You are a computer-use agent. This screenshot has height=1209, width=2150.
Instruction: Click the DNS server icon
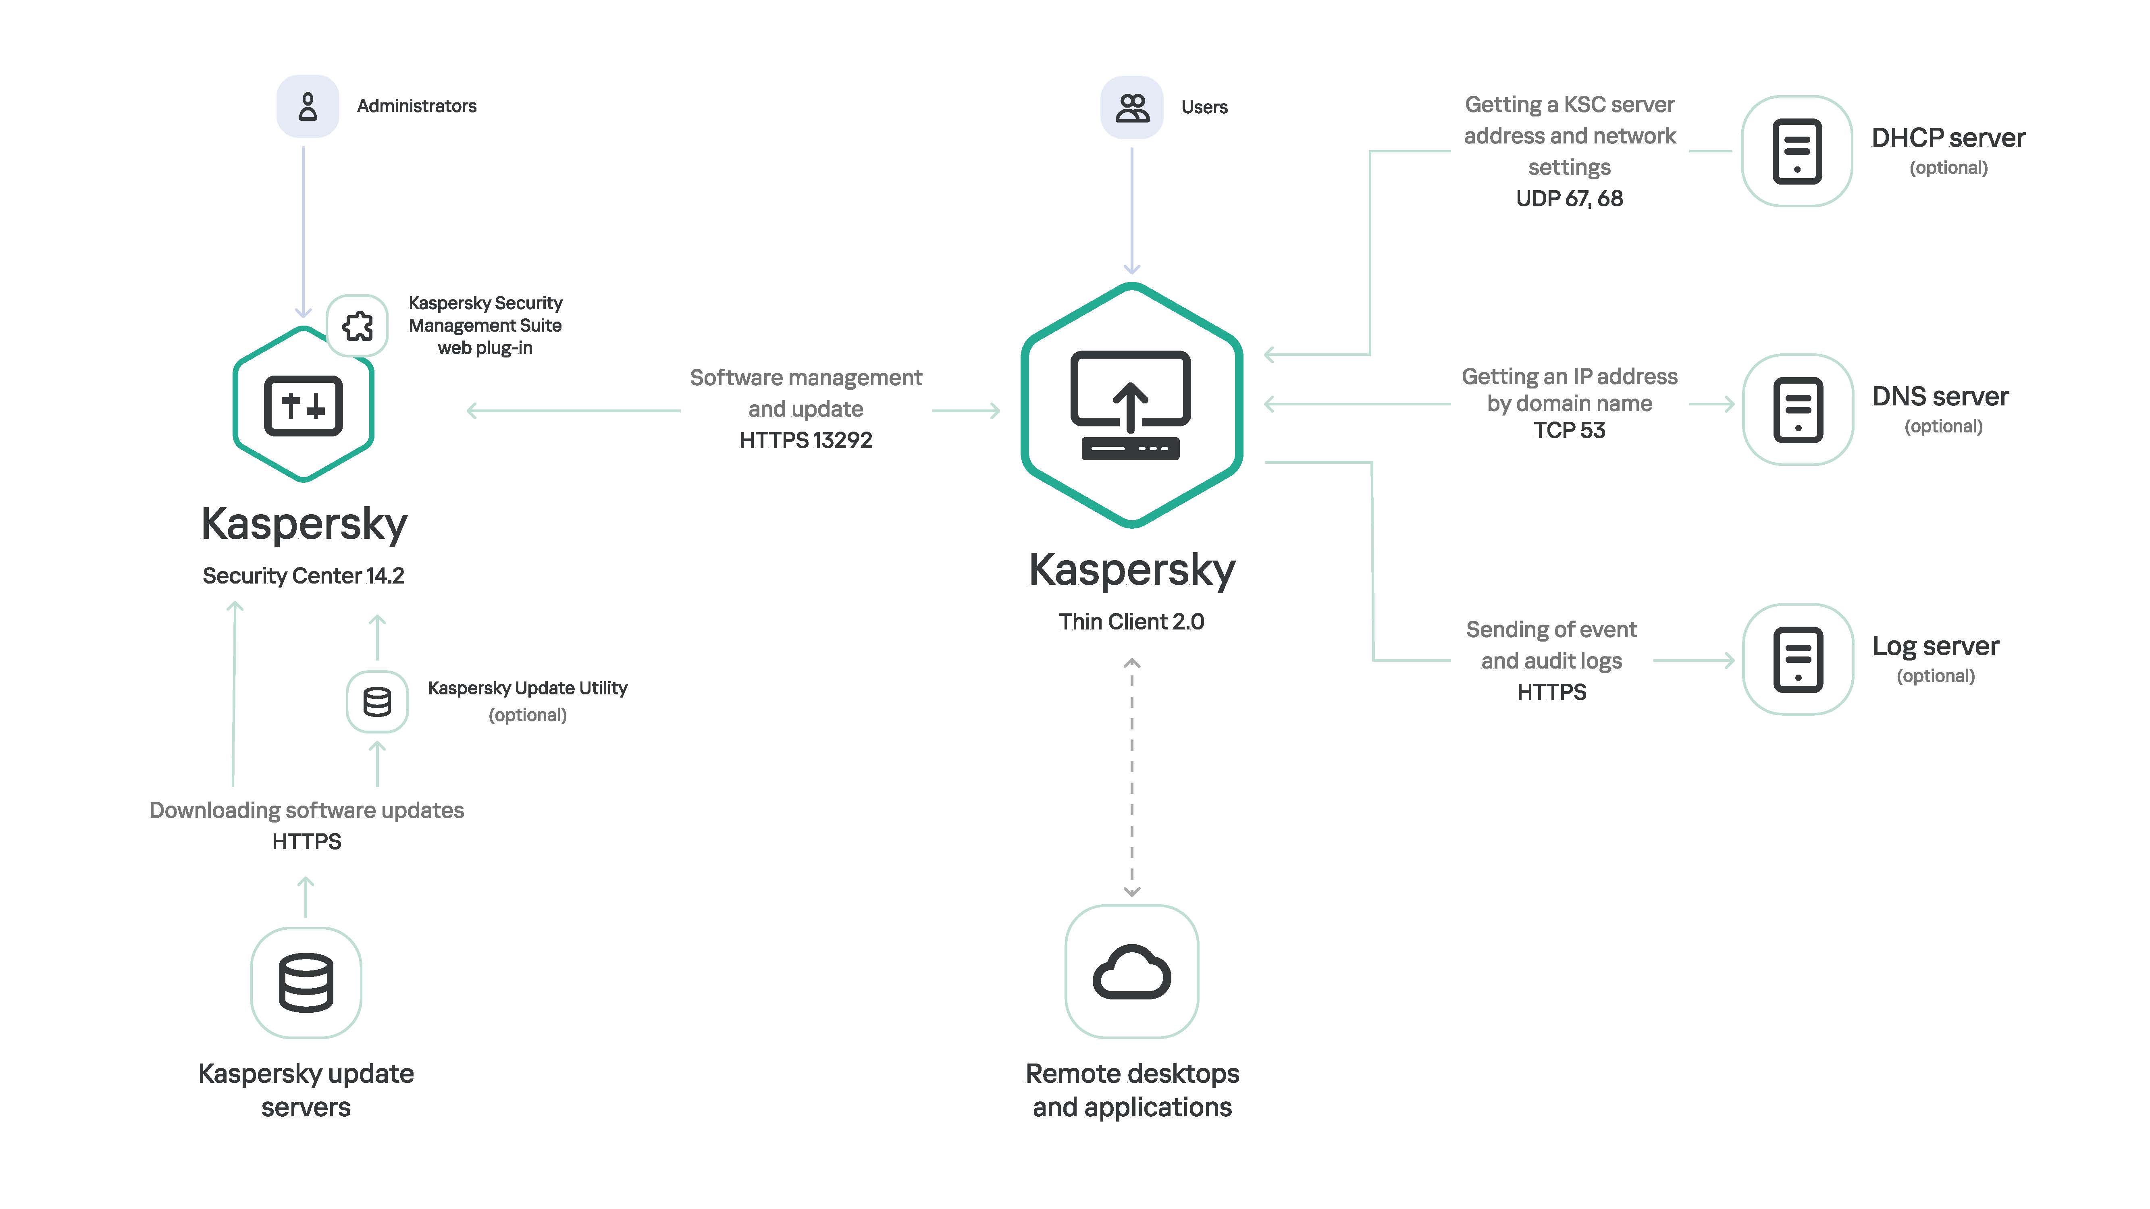coord(1798,410)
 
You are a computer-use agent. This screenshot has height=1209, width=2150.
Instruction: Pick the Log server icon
coord(1798,659)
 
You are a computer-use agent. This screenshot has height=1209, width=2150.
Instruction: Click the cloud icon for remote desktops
coord(1132,972)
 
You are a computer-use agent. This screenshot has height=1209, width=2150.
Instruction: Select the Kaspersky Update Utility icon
coord(377,702)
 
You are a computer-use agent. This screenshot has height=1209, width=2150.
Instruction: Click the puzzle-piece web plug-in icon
coord(357,325)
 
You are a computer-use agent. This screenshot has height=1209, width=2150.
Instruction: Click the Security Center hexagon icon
coord(303,405)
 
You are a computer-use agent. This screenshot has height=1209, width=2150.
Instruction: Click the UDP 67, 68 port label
coord(1569,199)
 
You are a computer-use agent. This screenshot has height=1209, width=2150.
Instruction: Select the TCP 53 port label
coord(1569,430)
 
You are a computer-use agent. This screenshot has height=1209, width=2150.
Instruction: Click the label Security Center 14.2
coord(303,576)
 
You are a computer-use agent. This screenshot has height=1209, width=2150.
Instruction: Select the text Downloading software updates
coord(306,810)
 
